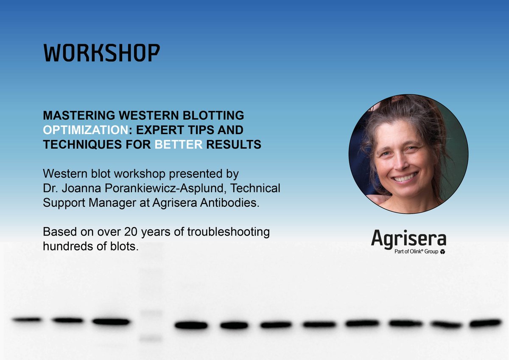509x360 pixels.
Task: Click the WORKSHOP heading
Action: coord(102,53)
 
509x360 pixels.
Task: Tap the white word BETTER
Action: coord(178,145)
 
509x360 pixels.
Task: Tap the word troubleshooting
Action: coord(230,232)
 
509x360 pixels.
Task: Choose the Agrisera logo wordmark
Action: coord(408,239)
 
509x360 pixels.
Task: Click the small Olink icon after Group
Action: coord(443,252)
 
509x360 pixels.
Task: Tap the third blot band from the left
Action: coord(111,321)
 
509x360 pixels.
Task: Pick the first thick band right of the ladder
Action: coord(191,326)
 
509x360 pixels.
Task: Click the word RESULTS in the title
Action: coord(234,145)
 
